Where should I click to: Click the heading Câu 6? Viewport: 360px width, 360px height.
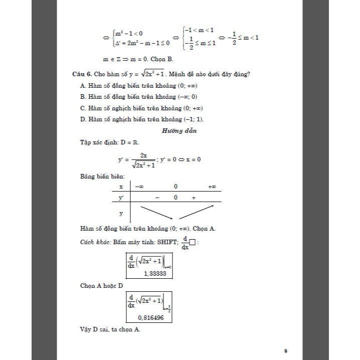tap(82, 74)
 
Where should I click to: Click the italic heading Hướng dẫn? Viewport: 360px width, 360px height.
tap(179, 131)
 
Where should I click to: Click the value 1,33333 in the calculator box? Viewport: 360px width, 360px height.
tap(154, 273)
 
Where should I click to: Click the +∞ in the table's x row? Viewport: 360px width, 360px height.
tap(212, 187)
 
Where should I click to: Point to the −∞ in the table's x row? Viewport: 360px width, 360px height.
tap(139, 187)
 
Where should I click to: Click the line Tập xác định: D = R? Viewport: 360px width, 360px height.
tap(105, 142)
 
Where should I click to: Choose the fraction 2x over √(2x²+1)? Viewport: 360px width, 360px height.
tap(143, 160)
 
